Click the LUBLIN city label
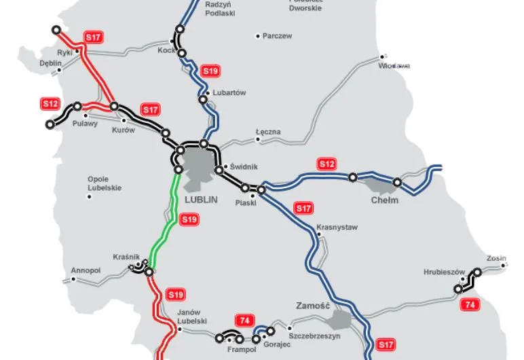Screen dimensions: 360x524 pyautogui.click(x=200, y=200)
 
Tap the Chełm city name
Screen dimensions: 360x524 pyautogui.click(x=384, y=200)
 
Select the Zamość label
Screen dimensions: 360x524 pyautogui.click(x=312, y=306)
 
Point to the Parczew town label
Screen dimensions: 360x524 pyautogui.click(x=277, y=36)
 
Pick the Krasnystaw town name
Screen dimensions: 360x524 pyautogui.click(x=337, y=228)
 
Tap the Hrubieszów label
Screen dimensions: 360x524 pyautogui.click(x=443, y=271)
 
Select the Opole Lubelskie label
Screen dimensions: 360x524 pyautogui.click(x=105, y=183)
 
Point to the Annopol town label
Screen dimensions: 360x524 pyautogui.click(x=86, y=270)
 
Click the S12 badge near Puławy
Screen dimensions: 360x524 pyautogui.click(x=50, y=104)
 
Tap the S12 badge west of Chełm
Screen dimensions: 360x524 pyautogui.click(x=327, y=164)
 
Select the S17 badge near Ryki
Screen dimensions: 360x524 pyautogui.click(x=92, y=37)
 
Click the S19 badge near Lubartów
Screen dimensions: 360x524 pyautogui.click(x=210, y=71)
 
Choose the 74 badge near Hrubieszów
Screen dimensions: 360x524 pyautogui.click(x=468, y=305)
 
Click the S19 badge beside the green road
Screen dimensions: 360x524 pyautogui.click(x=189, y=219)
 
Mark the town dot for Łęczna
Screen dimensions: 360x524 pyautogui.click(x=259, y=141)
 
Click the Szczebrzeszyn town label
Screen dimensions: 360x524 pyautogui.click(x=314, y=336)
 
